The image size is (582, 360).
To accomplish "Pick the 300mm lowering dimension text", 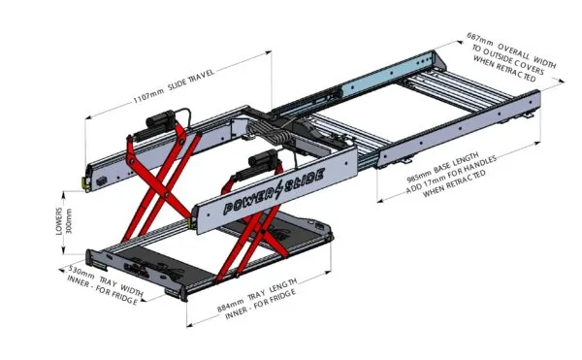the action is [68, 221].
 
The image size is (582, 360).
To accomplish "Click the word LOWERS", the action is [59, 221].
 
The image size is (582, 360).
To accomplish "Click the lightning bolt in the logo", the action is [278, 189].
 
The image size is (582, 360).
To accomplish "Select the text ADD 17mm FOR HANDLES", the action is [451, 175].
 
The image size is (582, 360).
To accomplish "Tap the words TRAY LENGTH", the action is [273, 289].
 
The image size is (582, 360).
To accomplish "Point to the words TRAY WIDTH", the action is [121, 287].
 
